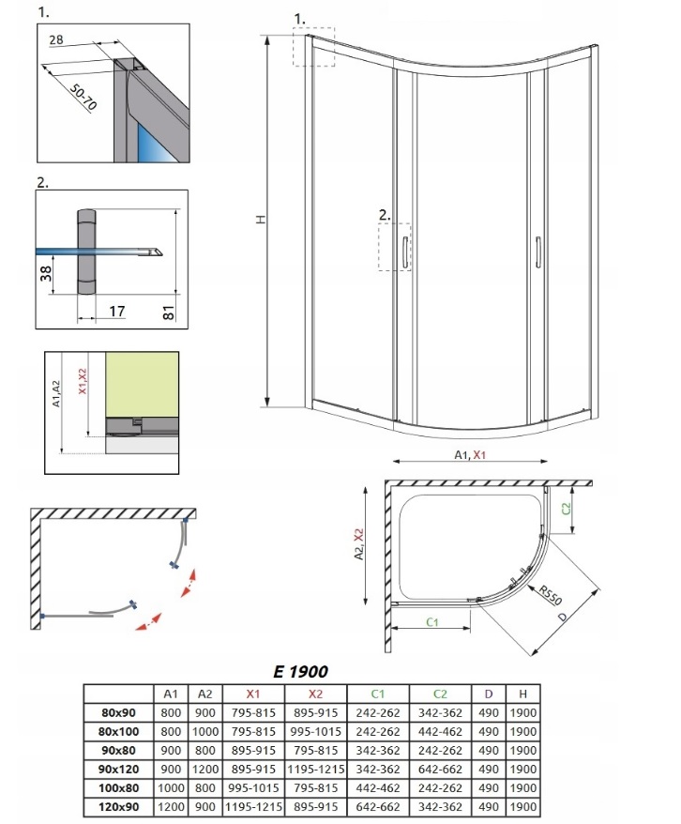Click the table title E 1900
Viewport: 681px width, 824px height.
click(300, 671)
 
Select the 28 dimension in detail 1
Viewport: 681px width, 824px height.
click(56, 39)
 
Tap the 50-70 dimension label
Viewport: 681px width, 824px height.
click(83, 98)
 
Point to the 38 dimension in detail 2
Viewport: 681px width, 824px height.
click(47, 273)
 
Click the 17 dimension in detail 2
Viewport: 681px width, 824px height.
click(117, 311)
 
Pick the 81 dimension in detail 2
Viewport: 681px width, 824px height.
click(169, 313)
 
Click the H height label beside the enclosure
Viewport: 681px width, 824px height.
click(261, 220)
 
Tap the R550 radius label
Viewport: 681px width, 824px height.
click(551, 595)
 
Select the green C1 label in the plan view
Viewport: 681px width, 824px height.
click(432, 622)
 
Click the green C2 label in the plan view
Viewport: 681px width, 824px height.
click(566, 509)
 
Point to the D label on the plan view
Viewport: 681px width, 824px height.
click(563, 617)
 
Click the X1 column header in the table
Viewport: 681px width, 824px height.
click(253, 694)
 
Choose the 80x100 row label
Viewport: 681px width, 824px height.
click(119, 731)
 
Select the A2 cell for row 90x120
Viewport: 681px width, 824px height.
click(205, 769)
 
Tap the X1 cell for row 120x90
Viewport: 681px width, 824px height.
click(253, 807)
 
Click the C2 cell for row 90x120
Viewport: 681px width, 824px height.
click(440, 769)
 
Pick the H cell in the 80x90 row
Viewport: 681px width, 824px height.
click(523, 712)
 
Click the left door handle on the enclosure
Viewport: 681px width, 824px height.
click(405, 252)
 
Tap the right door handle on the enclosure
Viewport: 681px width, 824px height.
click(538, 252)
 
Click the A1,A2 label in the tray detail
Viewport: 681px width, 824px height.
click(56, 393)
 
